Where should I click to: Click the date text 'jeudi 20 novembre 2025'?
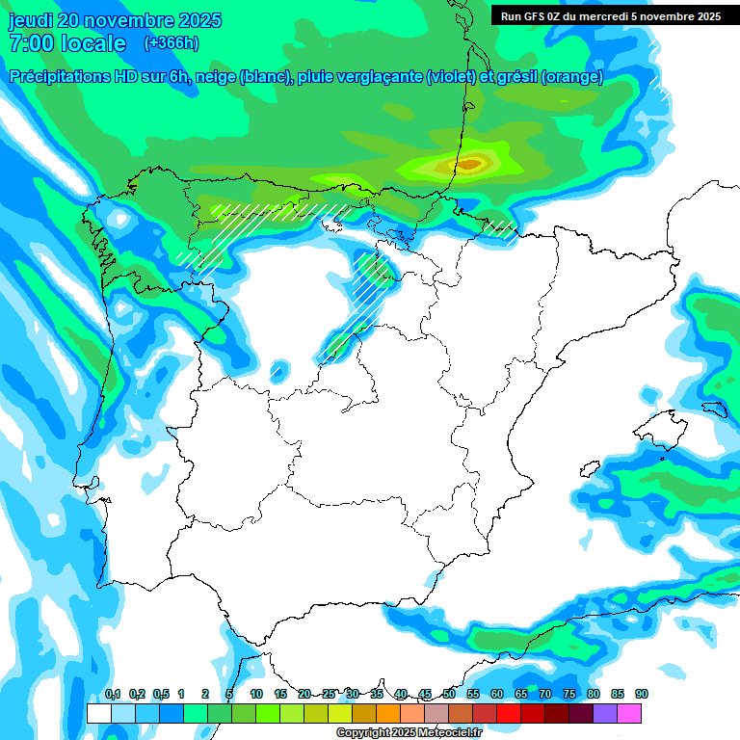point(115,20)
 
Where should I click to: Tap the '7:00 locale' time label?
point(67,43)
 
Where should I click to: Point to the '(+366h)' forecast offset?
point(171,43)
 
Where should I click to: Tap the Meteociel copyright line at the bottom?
point(409,732)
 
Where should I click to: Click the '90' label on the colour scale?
point(642,695)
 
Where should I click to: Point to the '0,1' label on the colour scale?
point(113,695)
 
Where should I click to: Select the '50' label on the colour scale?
point(449,695)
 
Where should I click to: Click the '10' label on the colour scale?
point(256,695)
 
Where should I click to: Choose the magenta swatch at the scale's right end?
point(629,713)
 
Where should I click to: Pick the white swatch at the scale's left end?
point(98,713)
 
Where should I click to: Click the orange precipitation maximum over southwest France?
point(469,165)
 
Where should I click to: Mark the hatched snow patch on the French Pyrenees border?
point(499,227)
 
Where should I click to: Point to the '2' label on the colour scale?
point(205,695)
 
